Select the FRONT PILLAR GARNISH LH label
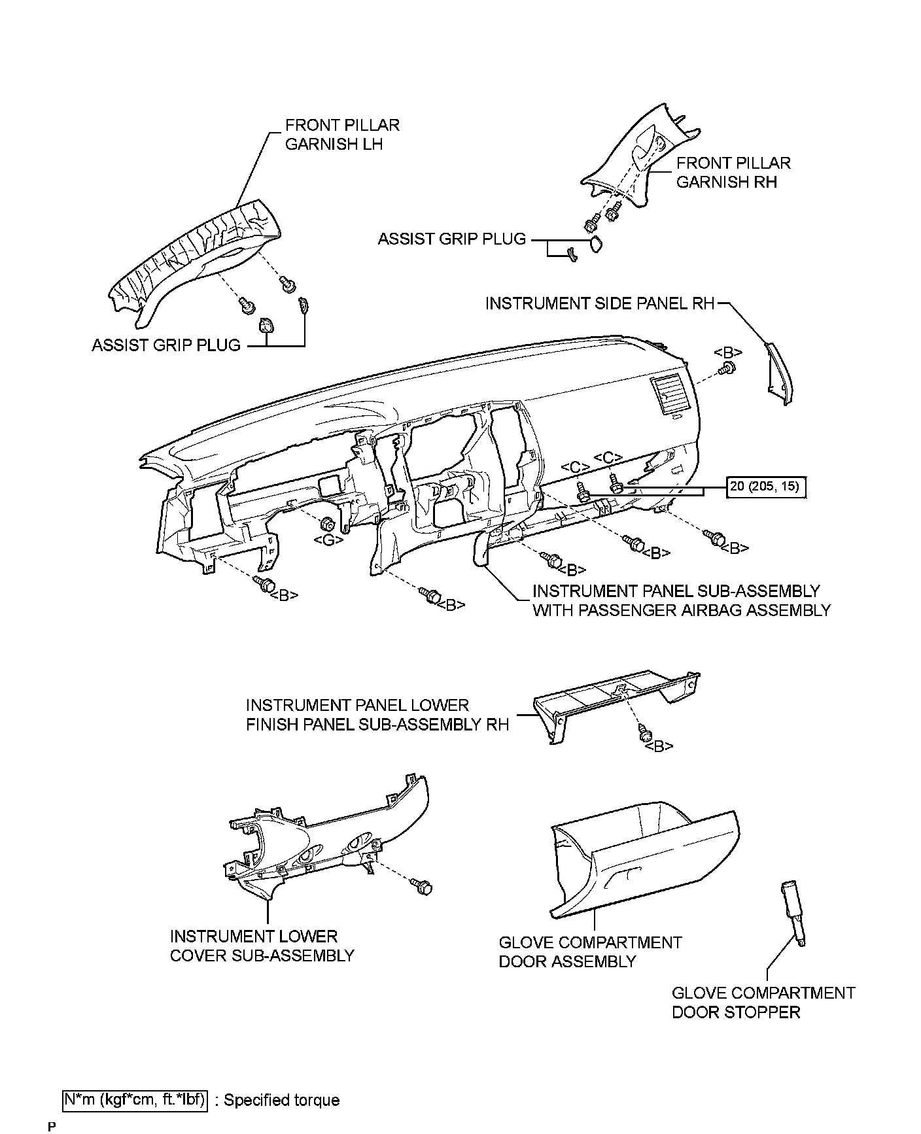tap(341, 135)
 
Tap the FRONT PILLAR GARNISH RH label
tap(733, 173)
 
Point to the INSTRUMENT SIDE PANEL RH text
tap(599, 304)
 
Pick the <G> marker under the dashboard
tap(325, 540)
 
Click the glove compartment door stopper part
tap(792, 912)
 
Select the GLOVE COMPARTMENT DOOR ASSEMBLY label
tap(589, 952)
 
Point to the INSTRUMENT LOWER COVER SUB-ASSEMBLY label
tap(262, 946)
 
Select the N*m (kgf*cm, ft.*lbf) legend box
tap(135, 1100)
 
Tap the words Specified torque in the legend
tap(281, 1100)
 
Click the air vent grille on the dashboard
tap(667, 396)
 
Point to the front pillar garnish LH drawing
tap(196, 262)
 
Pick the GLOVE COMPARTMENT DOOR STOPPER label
tap(763, 1003)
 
